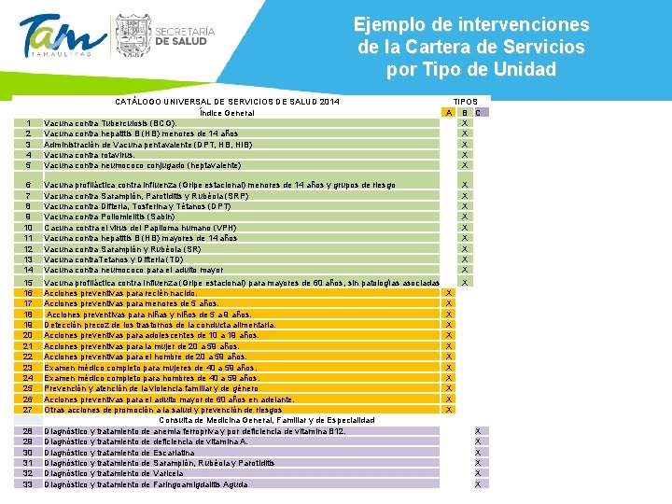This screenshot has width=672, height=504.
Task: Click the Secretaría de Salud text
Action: [x=184, y=36]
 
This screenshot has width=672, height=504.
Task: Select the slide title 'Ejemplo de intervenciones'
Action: [x=471, y=24]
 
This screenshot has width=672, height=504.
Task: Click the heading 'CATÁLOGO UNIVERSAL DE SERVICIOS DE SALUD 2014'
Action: [x=227, y=102]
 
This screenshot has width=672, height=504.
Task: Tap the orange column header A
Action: [x=449, y=113]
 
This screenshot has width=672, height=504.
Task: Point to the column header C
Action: [x=479, y=113]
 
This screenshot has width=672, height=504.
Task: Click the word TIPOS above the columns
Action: [x=465, y=102]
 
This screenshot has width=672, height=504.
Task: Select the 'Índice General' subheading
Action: [x=227, y=113]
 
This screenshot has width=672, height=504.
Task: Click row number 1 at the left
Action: [x=30, y=123]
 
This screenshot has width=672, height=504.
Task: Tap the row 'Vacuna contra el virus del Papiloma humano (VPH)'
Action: [x=140, y=228]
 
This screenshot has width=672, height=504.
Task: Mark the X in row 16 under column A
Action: [x=449, y=293]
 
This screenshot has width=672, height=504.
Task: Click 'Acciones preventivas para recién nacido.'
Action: [x=120, y=293]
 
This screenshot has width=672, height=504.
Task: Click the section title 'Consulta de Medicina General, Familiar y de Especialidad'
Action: [x=267, y=421]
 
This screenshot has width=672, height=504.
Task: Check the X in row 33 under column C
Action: [x=478, y=483]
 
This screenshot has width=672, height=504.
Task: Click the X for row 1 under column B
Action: [x=465, y=123]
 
